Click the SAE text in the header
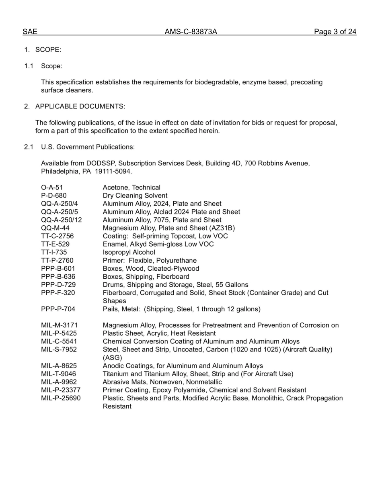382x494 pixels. point(30,32)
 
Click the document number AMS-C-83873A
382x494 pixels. point(191,32)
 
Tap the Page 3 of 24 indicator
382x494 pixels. point(335,32)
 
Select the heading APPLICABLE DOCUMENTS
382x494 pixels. point(80,106)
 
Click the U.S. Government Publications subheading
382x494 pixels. point(88,147)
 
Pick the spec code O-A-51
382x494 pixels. point(52,188)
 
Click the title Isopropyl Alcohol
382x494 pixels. point(129,252)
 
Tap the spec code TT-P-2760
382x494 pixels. point(57,261)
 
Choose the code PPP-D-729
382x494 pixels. point(58,285)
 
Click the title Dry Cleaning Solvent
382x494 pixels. point(135,196)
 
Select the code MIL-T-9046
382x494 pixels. point(59,374)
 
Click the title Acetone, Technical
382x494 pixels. point(131,188)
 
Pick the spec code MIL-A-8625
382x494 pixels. point(59,366)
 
